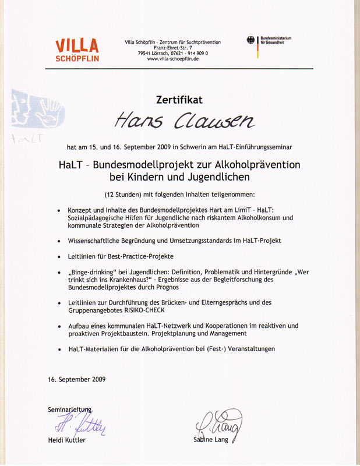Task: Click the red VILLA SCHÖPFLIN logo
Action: [x=77, y=50]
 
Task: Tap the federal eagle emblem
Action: [x=251, y=41]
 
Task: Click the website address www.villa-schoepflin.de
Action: [x=173, y=59]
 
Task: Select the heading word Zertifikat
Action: [x=179, y=100]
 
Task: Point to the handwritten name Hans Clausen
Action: [x=183, y=120]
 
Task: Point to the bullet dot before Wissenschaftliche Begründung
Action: [x=59, y=241]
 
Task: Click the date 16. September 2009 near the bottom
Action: [x=77, y=379]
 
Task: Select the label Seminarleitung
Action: [x=69, y=410]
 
